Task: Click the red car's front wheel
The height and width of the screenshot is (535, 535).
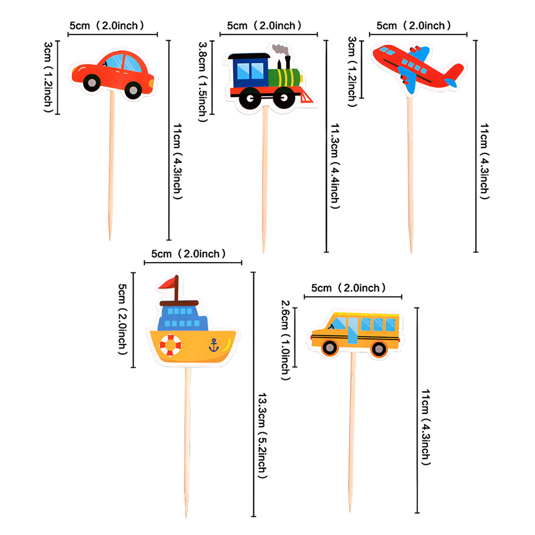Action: (x=133, y=90)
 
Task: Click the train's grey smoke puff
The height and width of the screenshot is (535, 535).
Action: (x=281, y=50)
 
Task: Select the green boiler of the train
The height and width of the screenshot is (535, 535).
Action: (x=284, y=77)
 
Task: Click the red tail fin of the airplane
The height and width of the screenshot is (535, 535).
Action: (x=454, y=73)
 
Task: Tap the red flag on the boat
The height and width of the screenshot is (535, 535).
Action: (x=167, y=283)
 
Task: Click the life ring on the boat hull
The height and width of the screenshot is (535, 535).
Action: (x=170, y=345)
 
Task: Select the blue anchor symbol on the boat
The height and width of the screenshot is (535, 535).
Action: (x=213, y=345)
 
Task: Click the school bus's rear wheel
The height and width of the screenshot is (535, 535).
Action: (x=379, y=349)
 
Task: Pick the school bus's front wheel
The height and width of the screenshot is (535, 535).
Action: (x=330, y=347)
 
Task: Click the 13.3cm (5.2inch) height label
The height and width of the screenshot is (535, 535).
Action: (x=262, y=436)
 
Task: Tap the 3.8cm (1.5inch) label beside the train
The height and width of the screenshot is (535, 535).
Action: (x=203, y=82)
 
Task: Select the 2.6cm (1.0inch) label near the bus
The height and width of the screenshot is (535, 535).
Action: (x=285, y=340)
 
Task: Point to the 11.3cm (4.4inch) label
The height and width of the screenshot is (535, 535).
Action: (x=335, y=166)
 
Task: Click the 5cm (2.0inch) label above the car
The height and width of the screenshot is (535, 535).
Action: (x=107, y=25)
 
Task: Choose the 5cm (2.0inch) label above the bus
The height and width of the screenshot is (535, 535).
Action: (x=349, y=288)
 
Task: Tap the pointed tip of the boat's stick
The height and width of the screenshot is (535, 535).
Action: (x=186, y=517)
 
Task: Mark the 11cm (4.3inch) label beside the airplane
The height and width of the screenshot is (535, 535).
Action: (x=485, y=162)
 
